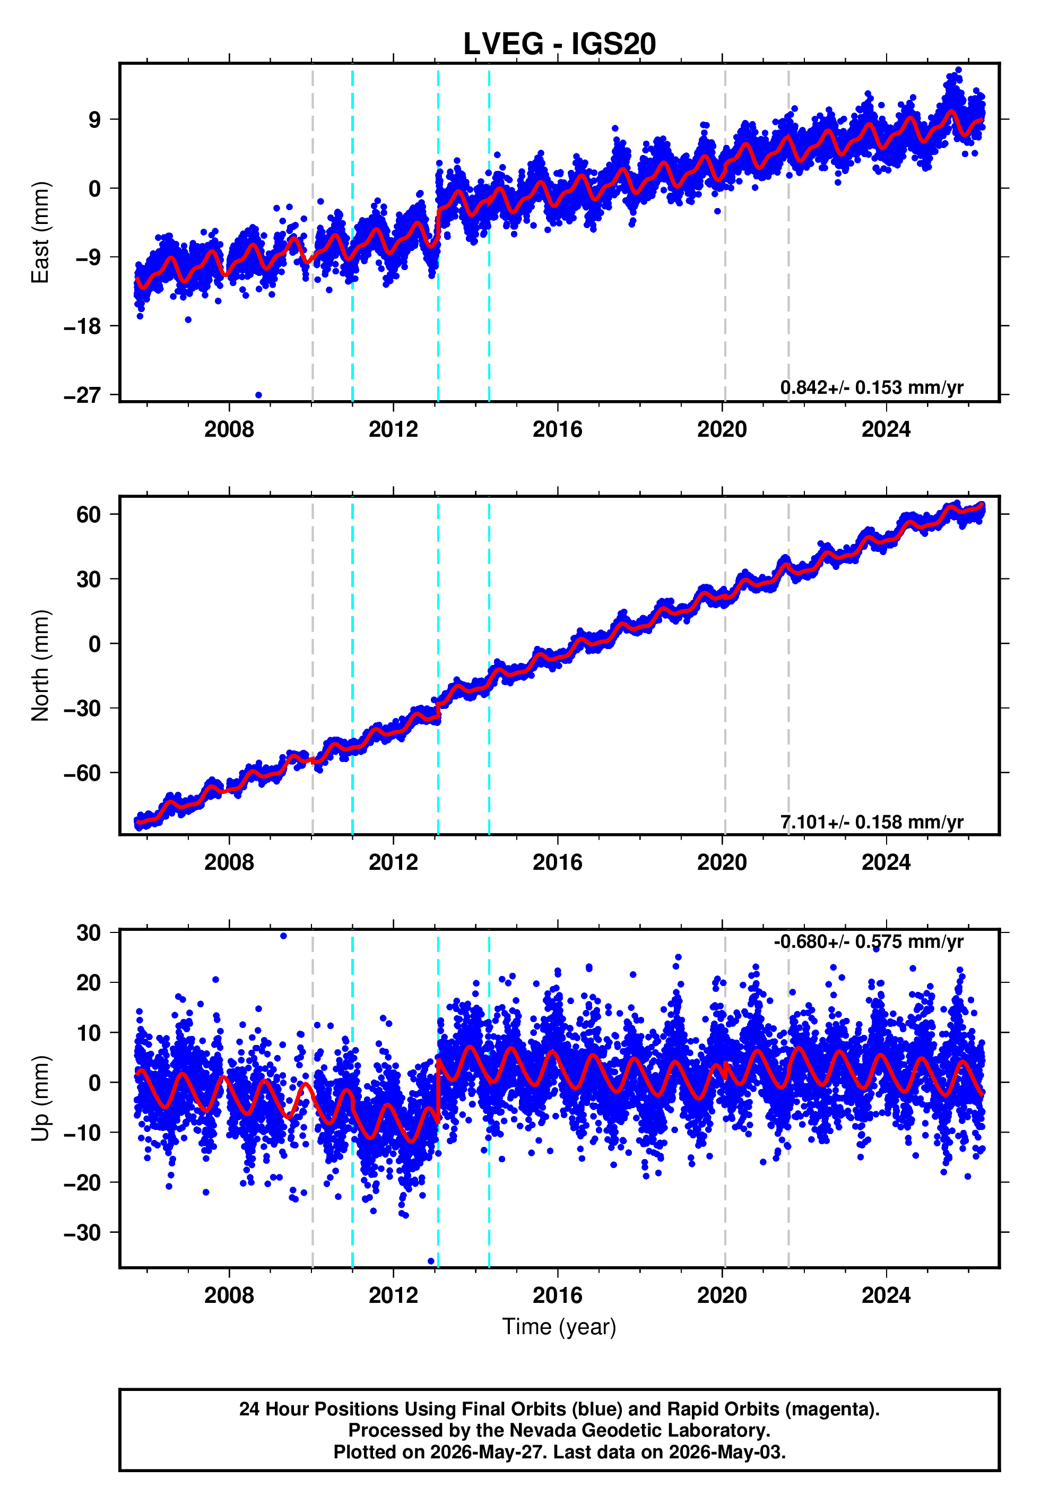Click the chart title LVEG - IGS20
559,44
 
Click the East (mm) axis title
40,232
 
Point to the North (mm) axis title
40,665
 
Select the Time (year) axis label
559,1327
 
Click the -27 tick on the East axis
82,395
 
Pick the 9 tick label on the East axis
95,119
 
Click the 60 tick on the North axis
89,515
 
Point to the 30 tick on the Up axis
89,933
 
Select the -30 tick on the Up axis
82,1233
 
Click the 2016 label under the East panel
558,429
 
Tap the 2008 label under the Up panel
229,1295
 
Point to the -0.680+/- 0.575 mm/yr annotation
868,942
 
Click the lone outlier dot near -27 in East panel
258,395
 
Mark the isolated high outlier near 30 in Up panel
283,936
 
